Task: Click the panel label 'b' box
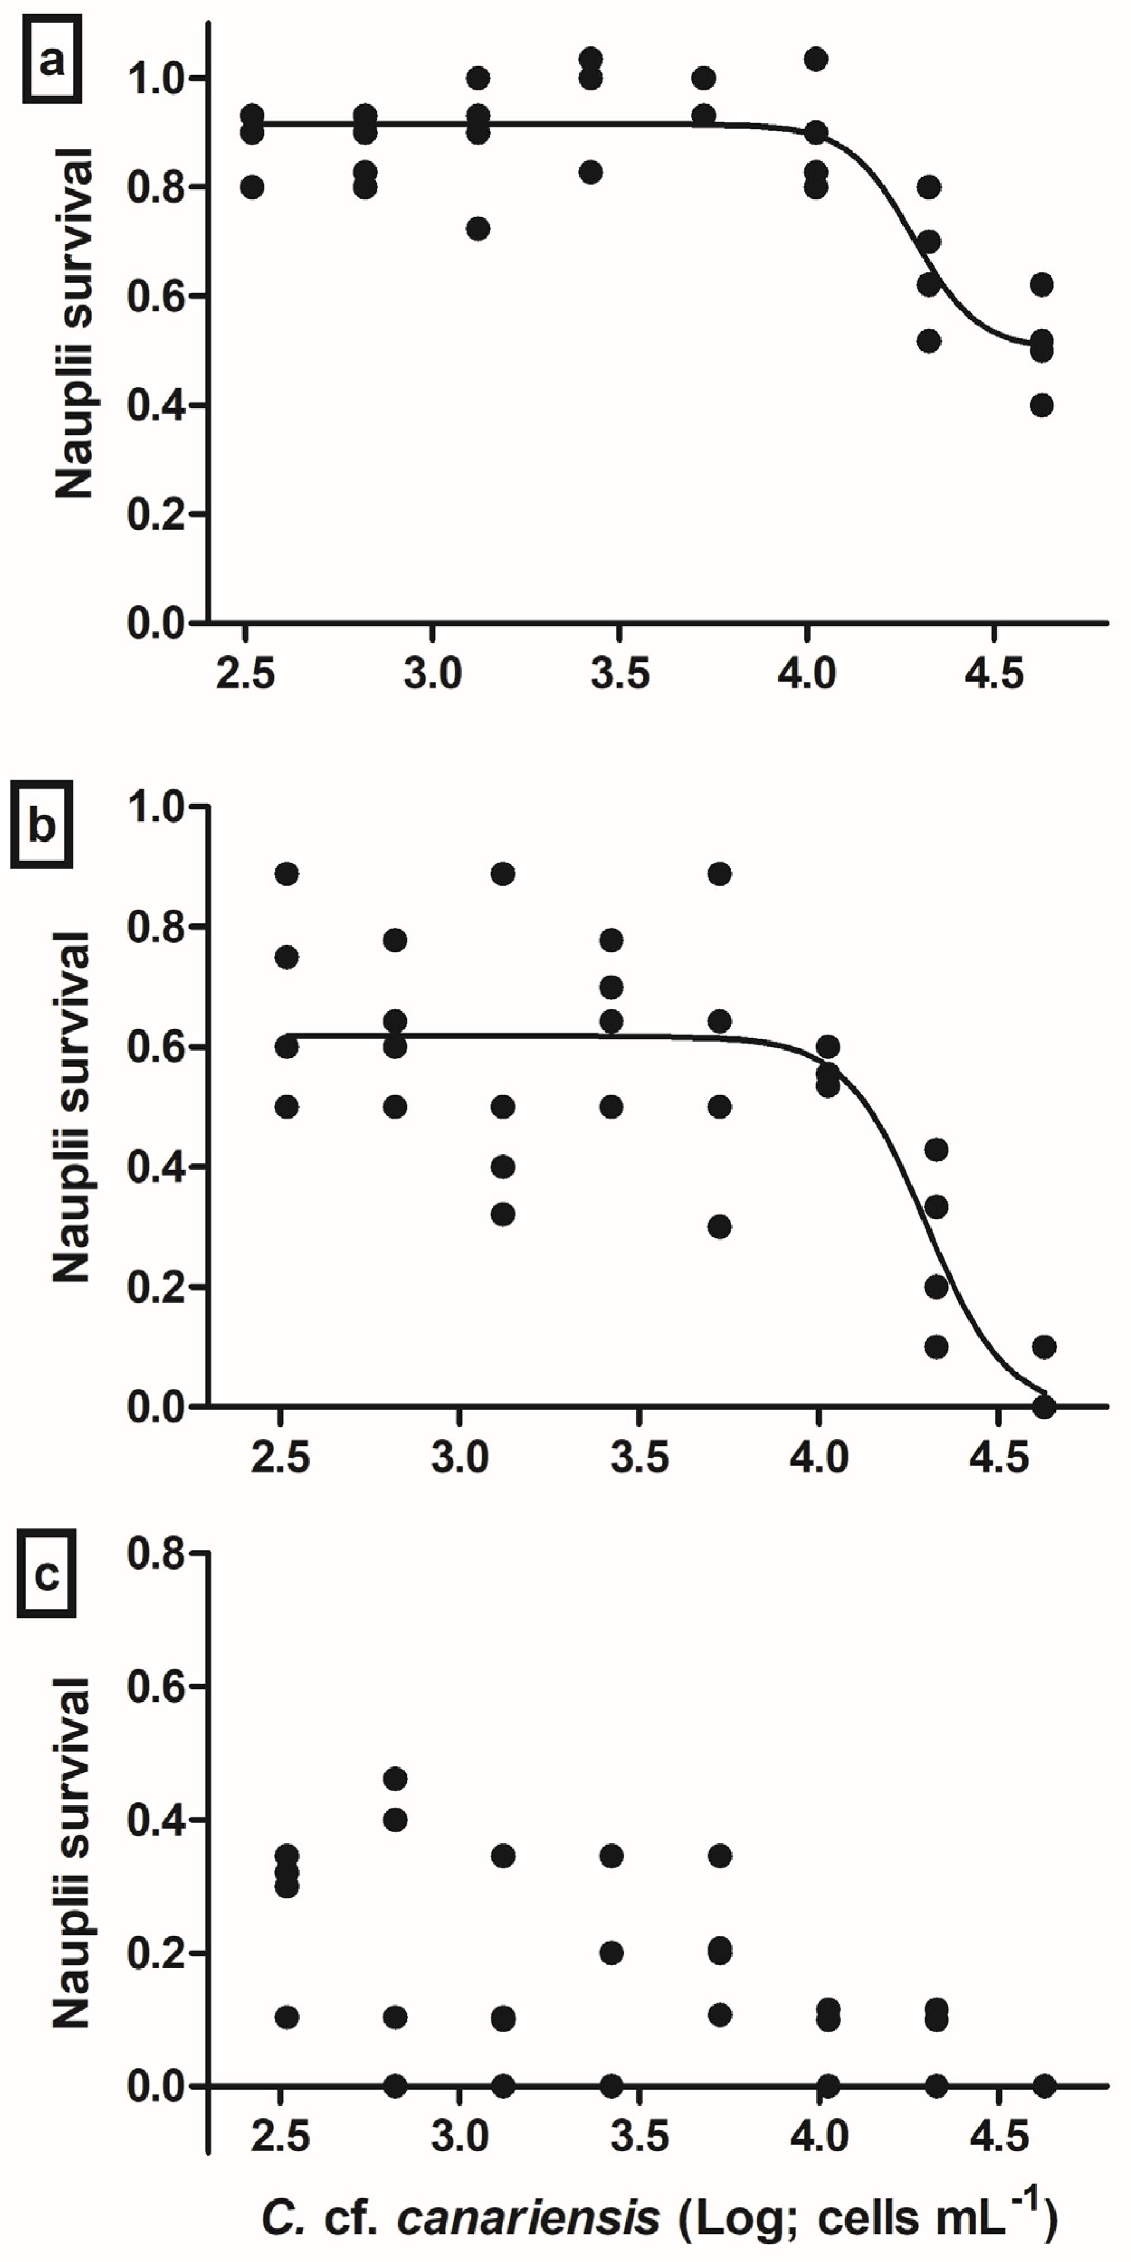click(x=41, y=827)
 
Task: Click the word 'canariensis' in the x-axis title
click(x=528, y=2218)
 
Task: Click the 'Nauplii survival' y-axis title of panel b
click(x=72, y=1106)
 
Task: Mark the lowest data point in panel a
click(x=1042, y=406)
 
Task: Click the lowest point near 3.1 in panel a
click(x=478, y=229)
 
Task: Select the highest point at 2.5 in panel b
click(x=286, y=874)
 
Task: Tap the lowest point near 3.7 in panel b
click(x=720, y=1227)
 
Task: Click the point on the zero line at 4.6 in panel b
click(x=1044, y=1406)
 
